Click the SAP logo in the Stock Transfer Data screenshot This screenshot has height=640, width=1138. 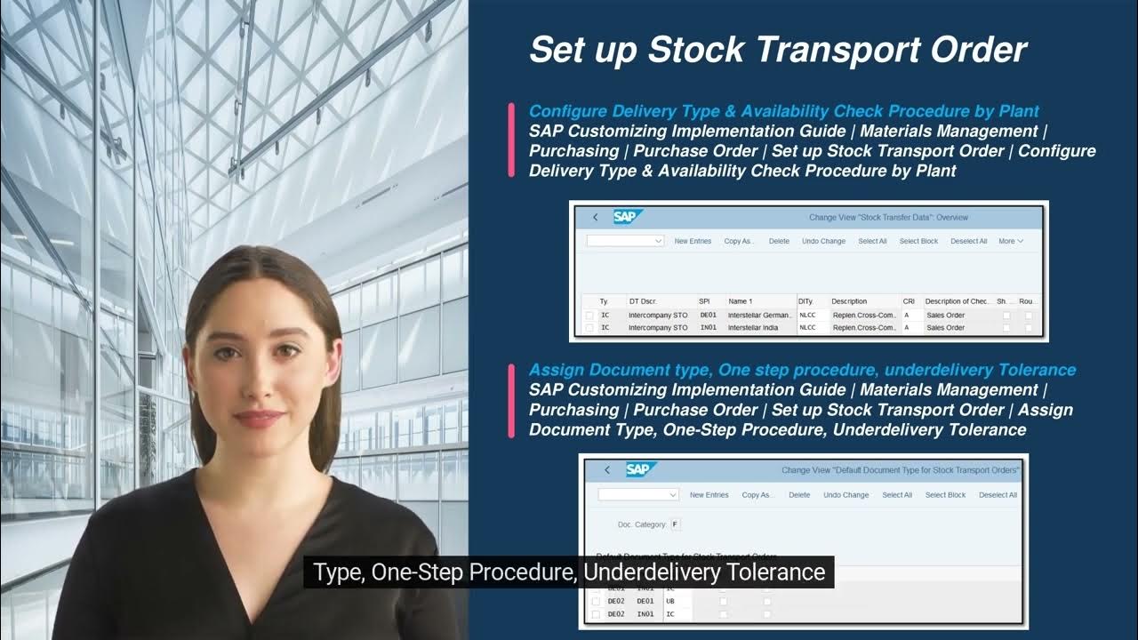click(x=628, y=217)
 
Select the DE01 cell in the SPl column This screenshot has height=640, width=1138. click(x=708, y=315)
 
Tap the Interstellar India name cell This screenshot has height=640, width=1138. click(x=752, y=328)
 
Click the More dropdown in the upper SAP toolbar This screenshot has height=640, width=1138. click(x=1011, y=241)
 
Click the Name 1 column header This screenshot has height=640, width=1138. click(x=741, y=301)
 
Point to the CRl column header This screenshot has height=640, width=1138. click(x=909, y=301)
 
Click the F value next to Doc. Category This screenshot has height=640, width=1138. click(x=676, y=524)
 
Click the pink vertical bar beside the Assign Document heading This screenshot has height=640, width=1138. click(x=511, y=400)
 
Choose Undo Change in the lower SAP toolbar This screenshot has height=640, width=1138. click(x=845, y=495)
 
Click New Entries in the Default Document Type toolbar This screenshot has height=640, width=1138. click(x=709, y=495)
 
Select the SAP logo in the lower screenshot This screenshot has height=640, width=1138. click(x=640, y=469)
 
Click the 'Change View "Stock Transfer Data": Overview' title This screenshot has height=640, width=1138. click(x=888, y=217)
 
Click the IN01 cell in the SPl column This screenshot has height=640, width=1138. click(x=708, y=328)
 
